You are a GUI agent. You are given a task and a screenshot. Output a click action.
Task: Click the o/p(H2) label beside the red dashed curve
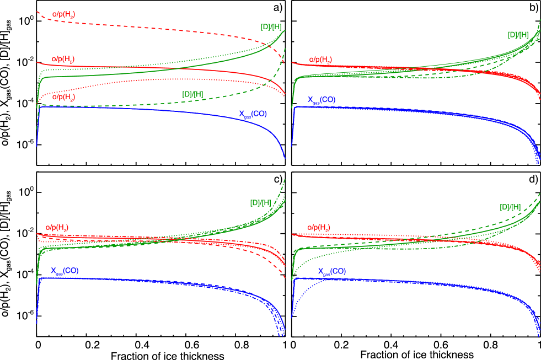(63, 14)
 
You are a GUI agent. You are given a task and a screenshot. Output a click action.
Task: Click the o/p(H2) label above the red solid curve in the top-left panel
(63, 59)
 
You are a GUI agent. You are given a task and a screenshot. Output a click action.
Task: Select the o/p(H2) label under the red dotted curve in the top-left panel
(63, 97)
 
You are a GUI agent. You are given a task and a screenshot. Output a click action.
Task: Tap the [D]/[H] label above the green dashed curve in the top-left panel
(192, 94)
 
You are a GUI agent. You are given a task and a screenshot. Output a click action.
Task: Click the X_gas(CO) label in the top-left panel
(253, 114)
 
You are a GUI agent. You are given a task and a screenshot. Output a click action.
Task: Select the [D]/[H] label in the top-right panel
(518, 35)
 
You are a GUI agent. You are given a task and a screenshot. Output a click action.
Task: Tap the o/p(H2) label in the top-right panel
(320, 59)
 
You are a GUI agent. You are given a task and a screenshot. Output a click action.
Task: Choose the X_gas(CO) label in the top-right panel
(322, 100)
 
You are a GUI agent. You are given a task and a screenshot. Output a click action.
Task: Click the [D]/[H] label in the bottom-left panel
(260, 202)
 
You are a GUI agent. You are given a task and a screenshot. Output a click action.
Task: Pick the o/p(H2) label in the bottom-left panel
(57, 227)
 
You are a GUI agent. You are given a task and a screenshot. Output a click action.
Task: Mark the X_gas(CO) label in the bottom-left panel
(65, 271)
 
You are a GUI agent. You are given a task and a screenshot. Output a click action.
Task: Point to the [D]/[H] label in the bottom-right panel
(510, 207)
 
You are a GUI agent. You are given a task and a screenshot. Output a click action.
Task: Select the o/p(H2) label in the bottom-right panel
(319, 227)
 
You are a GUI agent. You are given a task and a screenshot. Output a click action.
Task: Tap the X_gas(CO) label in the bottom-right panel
(332, 271)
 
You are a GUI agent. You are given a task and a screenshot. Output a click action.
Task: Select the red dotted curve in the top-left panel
(165, 79)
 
